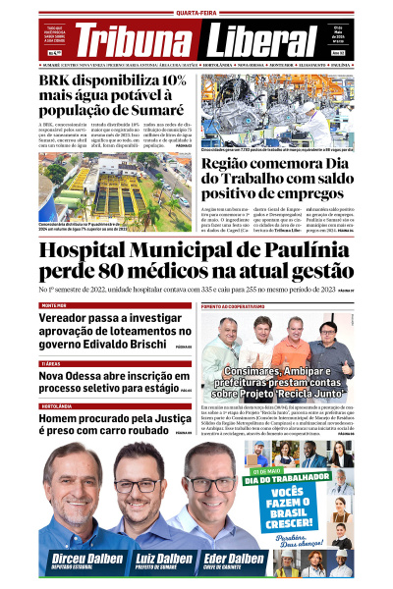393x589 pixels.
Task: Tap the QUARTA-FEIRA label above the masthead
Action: (196, 13)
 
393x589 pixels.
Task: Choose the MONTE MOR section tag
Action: (54, 305)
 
